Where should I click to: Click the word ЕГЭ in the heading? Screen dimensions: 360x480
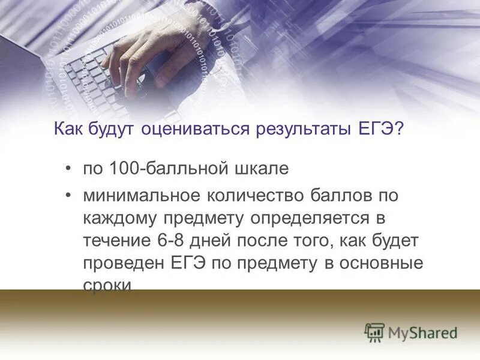(374, 129)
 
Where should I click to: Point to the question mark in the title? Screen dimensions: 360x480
(398, 129)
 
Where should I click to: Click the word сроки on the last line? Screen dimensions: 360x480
(107, 284)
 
